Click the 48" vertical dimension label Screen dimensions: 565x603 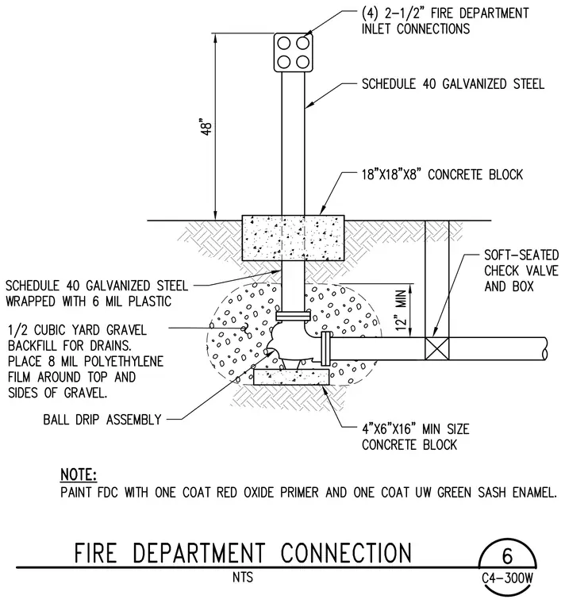(x=207, y=128)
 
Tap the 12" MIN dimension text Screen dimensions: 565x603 (x=402, y=310)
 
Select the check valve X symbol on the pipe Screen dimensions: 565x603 (x=437, y=348)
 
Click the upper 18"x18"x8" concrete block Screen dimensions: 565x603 (x=293, y=238)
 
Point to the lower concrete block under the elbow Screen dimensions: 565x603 (x=291, y=377)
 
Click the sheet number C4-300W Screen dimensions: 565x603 (x=507, y=578)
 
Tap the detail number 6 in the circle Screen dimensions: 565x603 (x=507, y=555)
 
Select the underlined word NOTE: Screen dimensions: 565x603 (x=79, y=474)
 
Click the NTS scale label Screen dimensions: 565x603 (x=243, y=578)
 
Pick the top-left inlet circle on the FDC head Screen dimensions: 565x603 (x=284, y=44)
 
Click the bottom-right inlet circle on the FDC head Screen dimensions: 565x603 (x=302, y=62)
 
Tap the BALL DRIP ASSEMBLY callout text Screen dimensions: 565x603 (x=102, y=419)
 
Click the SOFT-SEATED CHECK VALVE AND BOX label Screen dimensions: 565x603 (x=521, y=271)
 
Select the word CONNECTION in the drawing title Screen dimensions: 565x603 (x=346, y=553)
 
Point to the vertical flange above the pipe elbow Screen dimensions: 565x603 (x=293, y=316)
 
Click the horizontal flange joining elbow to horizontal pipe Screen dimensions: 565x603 (x=326, y=348)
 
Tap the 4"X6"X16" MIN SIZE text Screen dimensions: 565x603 (x=415, y=428)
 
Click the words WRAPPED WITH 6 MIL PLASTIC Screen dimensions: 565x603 (x=88, y=301)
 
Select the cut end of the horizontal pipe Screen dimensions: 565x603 (x=545, y=348)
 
